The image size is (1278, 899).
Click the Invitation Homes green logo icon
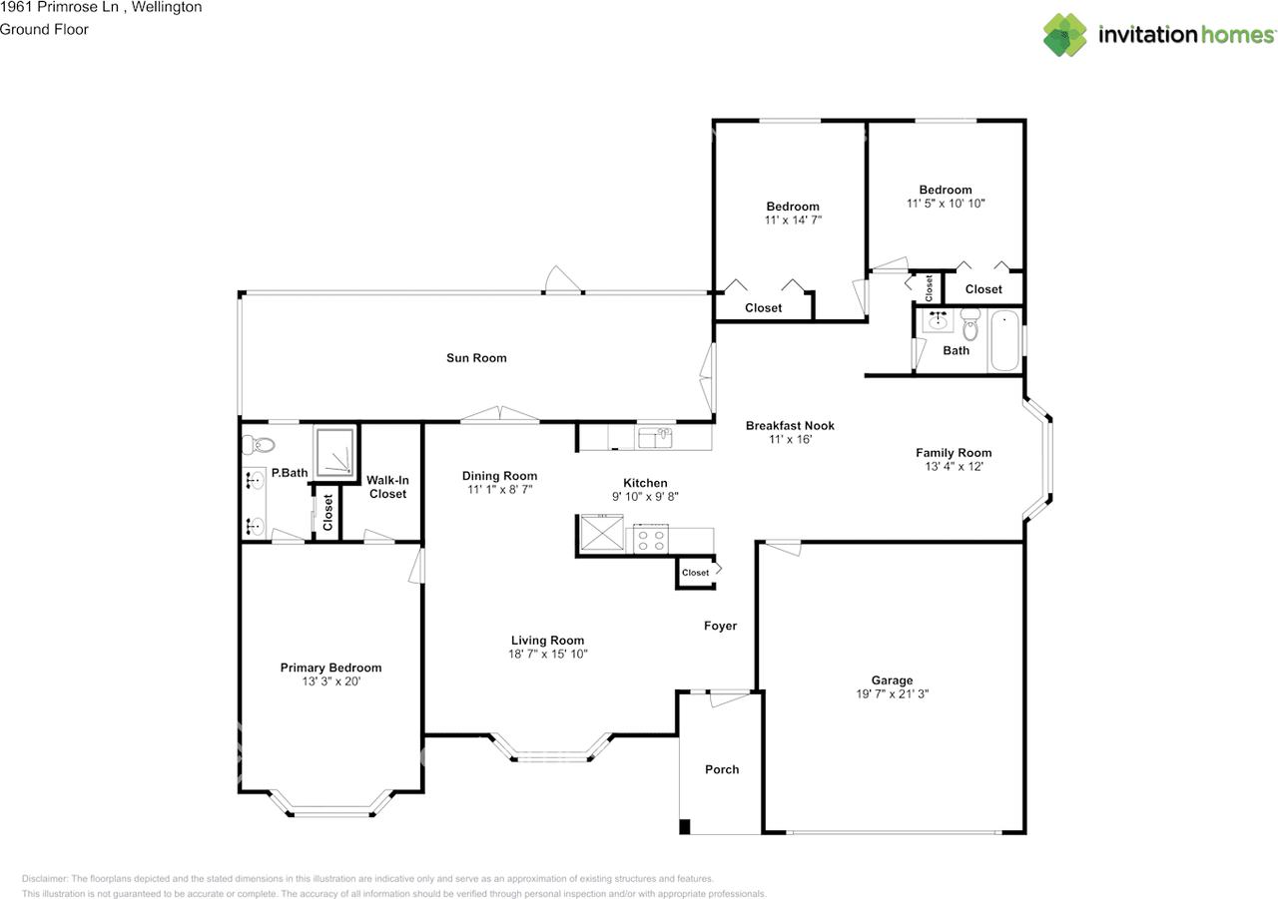coord(1064,35)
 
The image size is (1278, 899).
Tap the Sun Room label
coord(476,358)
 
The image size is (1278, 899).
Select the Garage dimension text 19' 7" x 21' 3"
coord(893,693)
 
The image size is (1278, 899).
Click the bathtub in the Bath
coord(1005,340)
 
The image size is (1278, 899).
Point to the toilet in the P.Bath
coord(259,445)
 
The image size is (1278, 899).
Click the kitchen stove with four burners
coord(651,539)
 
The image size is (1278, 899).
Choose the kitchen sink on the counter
coord(655,438)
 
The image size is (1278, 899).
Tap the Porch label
coord(722,769)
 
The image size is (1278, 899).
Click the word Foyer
coord(720,626)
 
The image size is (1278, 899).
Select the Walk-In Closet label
coord(388,487)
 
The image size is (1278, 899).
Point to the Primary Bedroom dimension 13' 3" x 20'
coord(331,681)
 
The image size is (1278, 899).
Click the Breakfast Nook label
coord(790,426)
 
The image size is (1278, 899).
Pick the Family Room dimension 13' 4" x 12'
coord(954,466)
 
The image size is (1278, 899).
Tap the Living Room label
coord(548,641)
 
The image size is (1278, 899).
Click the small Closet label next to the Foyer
coord(695,573)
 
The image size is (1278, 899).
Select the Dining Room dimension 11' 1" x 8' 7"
coord(500,489)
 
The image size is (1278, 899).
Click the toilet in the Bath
coord(970,324)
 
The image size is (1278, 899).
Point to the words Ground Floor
coord(44,30)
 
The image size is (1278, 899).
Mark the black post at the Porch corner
coord(685,826)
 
